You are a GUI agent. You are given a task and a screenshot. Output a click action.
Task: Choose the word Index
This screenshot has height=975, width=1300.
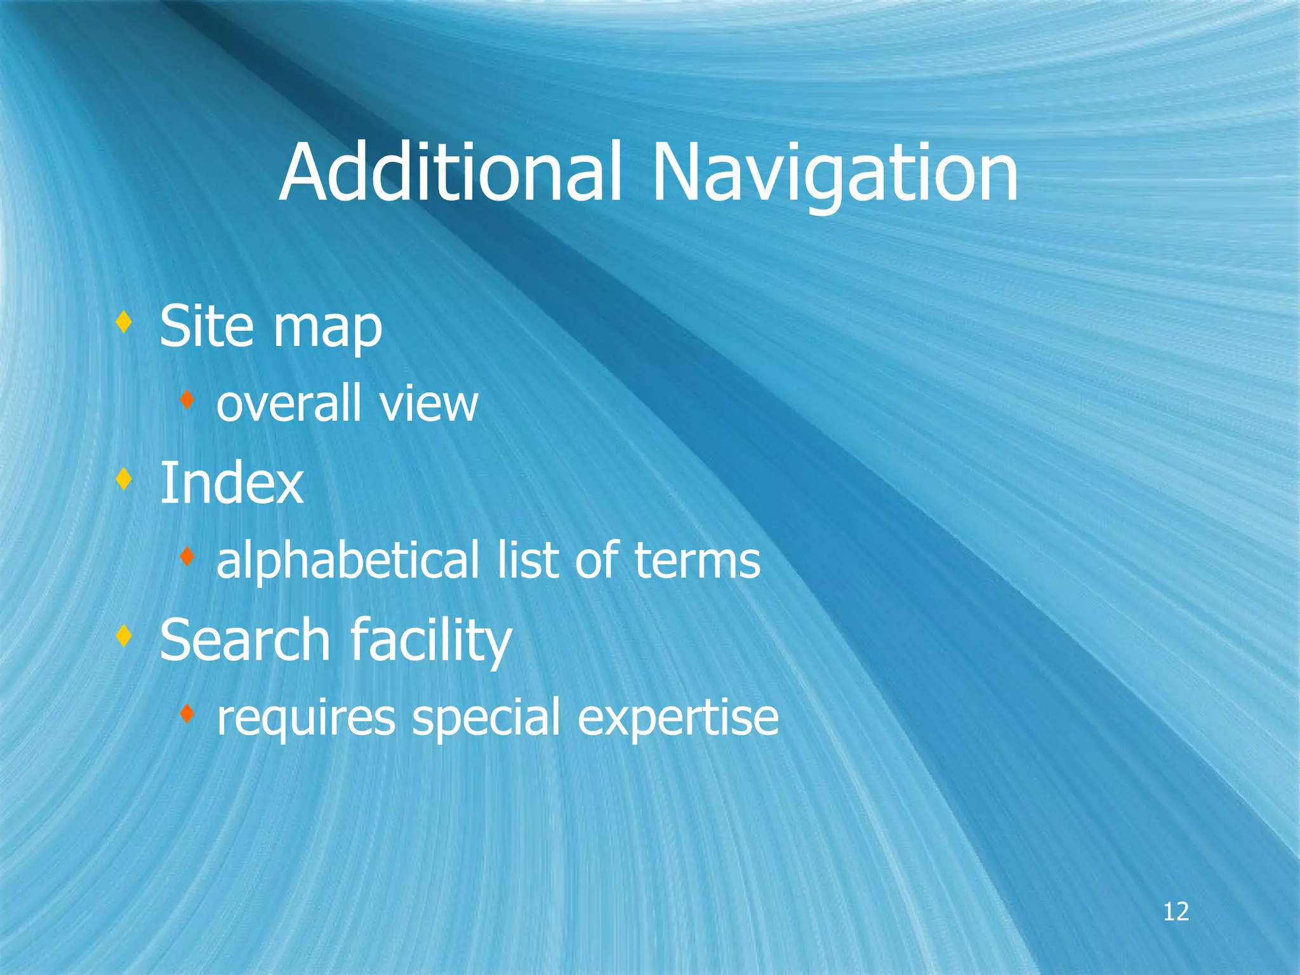pyautogui.click(x=231, y=483)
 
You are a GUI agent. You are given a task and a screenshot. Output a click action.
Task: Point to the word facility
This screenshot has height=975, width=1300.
pyautogui.click(x=431, y=641)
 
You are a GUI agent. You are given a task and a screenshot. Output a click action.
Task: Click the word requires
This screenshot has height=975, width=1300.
pyautogui.click(x=305, y=719)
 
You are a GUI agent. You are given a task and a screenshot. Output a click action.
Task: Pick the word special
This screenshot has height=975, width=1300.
pyautogui.click(x=486, y=719)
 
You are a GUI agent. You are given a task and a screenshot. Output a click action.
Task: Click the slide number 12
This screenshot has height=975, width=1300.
pyautogui.click(x=1176, y=912)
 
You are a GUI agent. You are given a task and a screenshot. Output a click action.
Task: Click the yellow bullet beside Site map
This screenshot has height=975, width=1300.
pyautogui.click(x=124, y=322)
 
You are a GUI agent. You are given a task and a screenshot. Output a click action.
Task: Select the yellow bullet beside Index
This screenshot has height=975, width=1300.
pyautogui.click(x=124, y=479)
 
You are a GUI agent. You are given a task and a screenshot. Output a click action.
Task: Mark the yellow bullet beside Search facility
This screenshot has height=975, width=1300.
pyautogui.click(x=124, y=635)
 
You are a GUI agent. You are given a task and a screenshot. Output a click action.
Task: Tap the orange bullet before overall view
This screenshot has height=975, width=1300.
pyautogui.click(x=186, y=400)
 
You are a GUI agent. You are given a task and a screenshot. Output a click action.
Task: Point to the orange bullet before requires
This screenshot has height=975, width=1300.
pyautogui.click(x=186, y=714)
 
